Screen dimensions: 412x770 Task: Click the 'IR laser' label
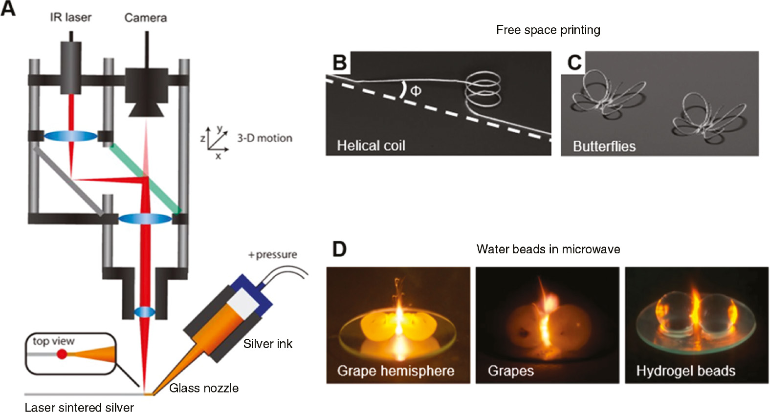(x=70, y=18)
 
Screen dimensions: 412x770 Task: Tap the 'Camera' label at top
(x=145, y=18)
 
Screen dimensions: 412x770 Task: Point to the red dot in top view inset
(x=62, y=354)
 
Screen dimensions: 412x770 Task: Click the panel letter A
(x=8, y=8)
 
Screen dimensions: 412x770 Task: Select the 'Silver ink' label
(x=267, y=344)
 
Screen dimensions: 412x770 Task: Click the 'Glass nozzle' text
(x=204, y=388)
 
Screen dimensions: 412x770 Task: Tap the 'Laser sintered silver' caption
(x=79, y=407)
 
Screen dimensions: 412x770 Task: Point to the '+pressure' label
(x=272, y=255)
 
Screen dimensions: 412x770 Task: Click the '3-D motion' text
(x=264, y=138)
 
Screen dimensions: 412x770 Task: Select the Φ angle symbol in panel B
(x=416, y=91)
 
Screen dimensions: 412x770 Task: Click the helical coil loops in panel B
(x=483, y=89)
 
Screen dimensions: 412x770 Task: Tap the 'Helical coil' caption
(x=371, y=145)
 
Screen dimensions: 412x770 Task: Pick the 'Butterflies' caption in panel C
(x=604, y=146)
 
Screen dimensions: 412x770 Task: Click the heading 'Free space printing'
(x=548, y=30)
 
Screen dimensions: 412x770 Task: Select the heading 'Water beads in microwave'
(x=548, y=249)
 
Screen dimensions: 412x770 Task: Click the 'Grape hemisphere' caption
(x=396, y=371)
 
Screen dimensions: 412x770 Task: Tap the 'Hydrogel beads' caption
(x=685, y=371)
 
